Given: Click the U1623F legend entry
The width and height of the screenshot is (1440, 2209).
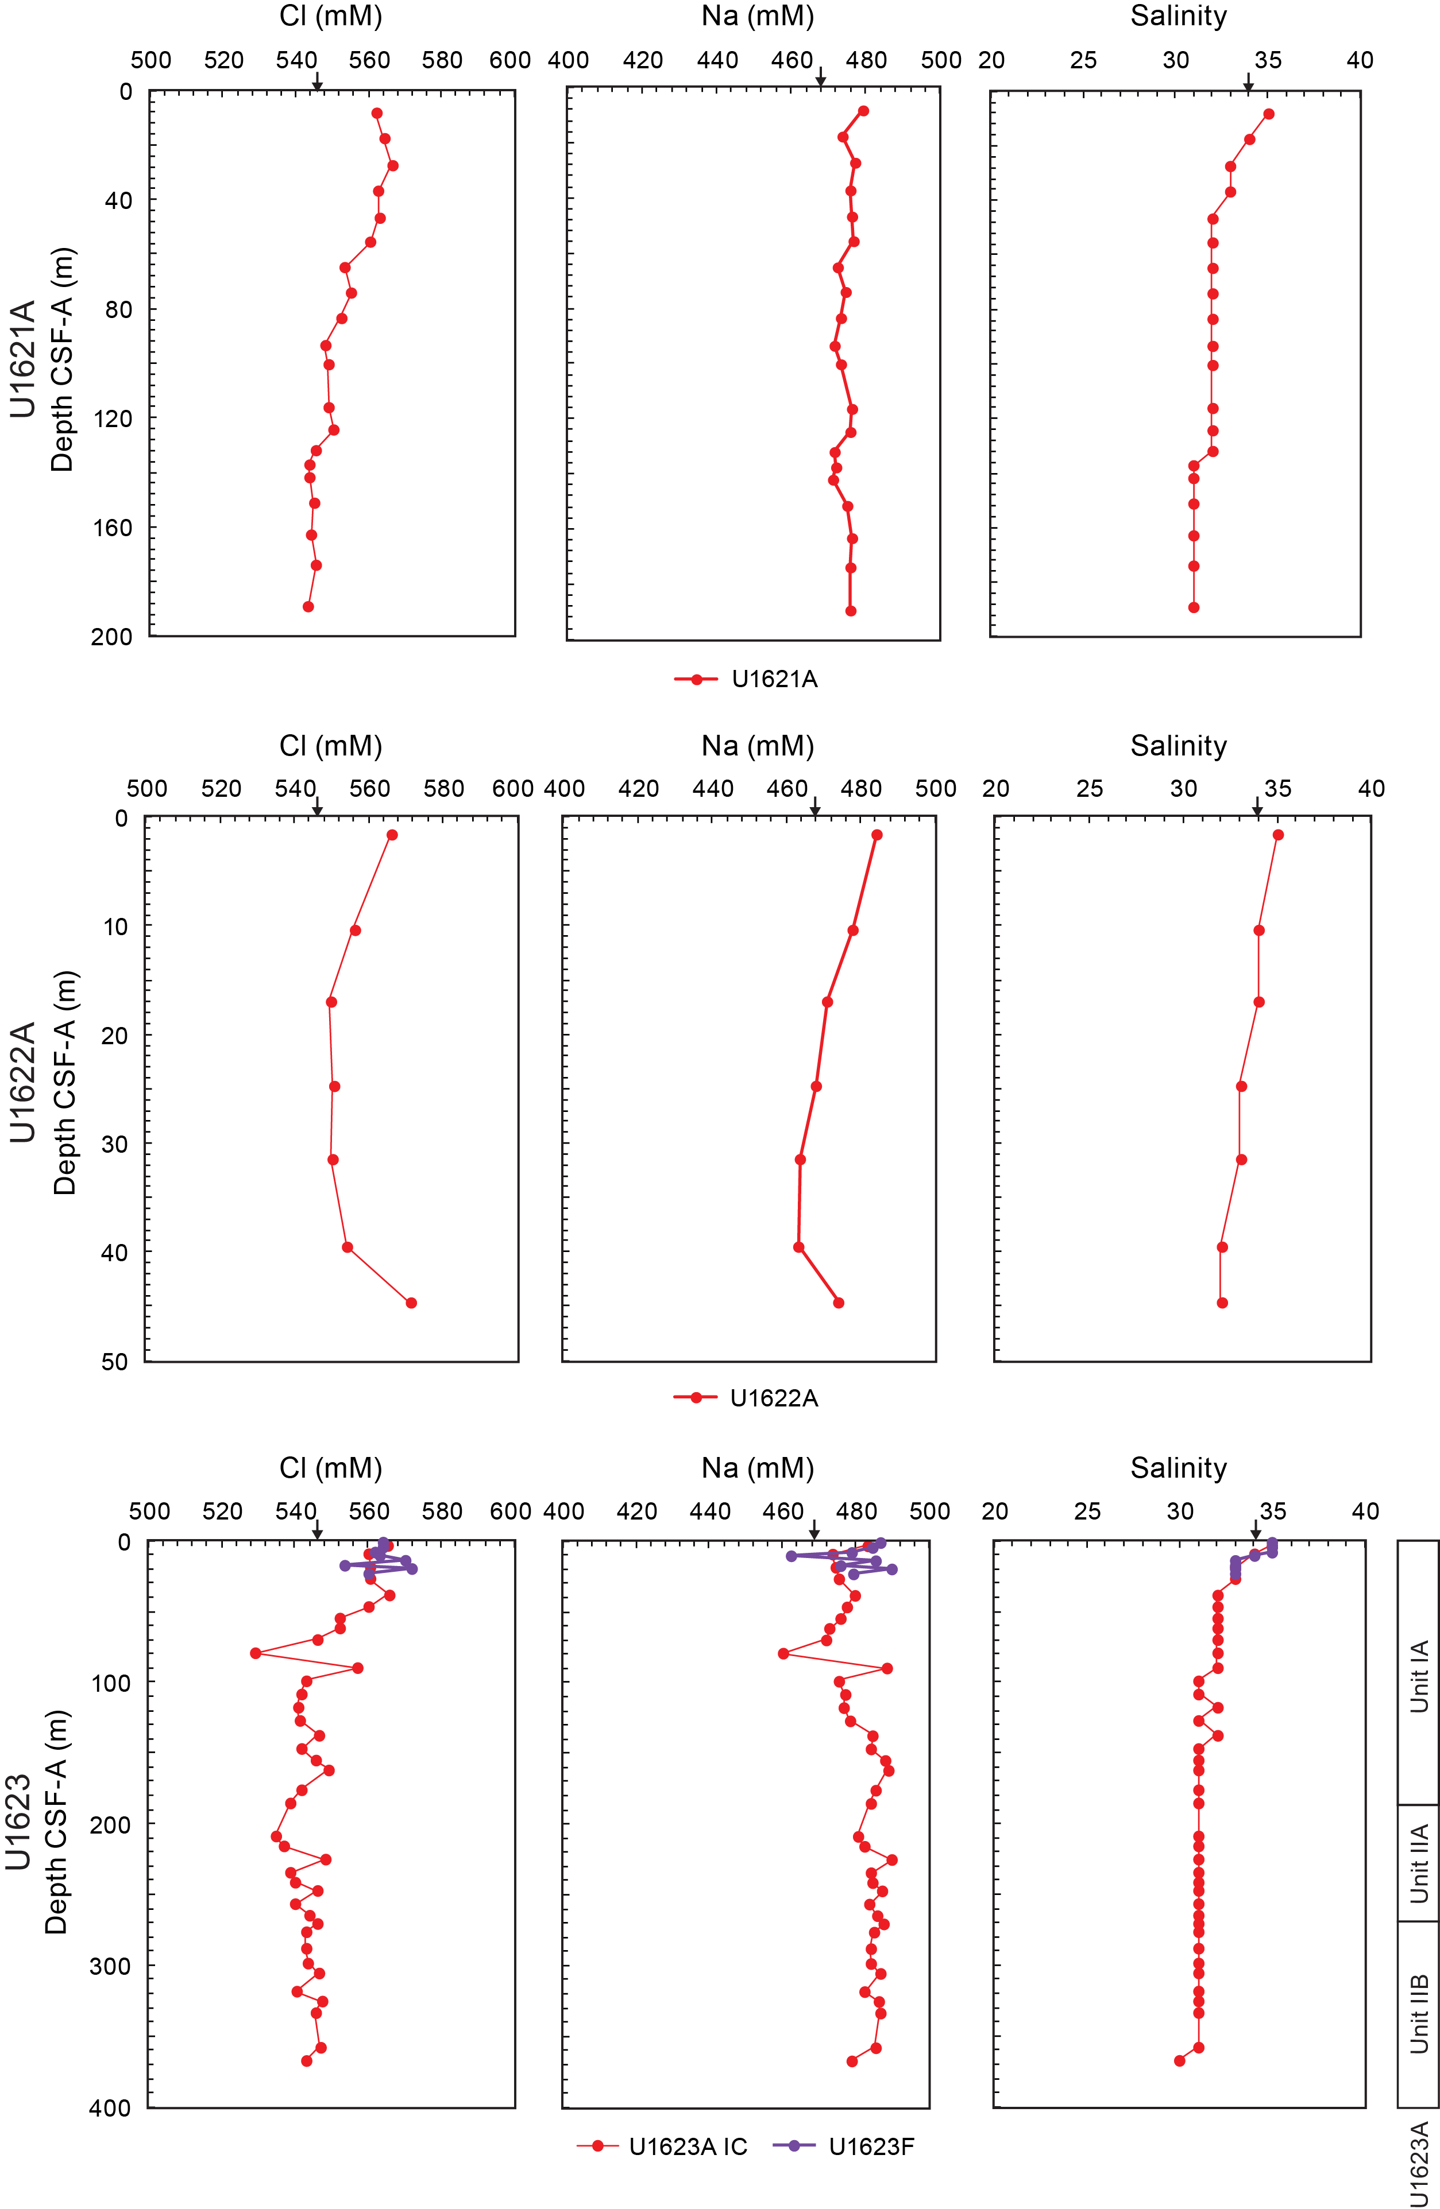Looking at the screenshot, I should [x=843, y=2147].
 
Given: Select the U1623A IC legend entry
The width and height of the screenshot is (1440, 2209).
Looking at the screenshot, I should [x=662, y=2147].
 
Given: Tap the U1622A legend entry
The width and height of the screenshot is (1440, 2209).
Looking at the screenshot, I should [x=746, y=1398].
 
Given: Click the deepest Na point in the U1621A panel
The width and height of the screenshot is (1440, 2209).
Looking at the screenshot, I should [x=851, y=611].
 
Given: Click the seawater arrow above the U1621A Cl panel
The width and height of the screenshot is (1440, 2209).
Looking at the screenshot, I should [x=318, y=84].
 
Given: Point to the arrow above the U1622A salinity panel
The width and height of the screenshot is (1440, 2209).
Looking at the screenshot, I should [x=1257, y=808].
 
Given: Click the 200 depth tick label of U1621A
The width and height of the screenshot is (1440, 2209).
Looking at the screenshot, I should [x=111, y=637].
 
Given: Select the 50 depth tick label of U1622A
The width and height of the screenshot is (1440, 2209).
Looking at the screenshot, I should [x=114, y=1362].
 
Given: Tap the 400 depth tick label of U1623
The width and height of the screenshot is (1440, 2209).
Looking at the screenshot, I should [x=110, y=2108].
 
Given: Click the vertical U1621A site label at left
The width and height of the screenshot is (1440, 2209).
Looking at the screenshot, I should [x=22, y=359].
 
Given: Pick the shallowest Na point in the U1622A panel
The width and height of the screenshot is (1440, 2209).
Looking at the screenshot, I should [x=877, y=835].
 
